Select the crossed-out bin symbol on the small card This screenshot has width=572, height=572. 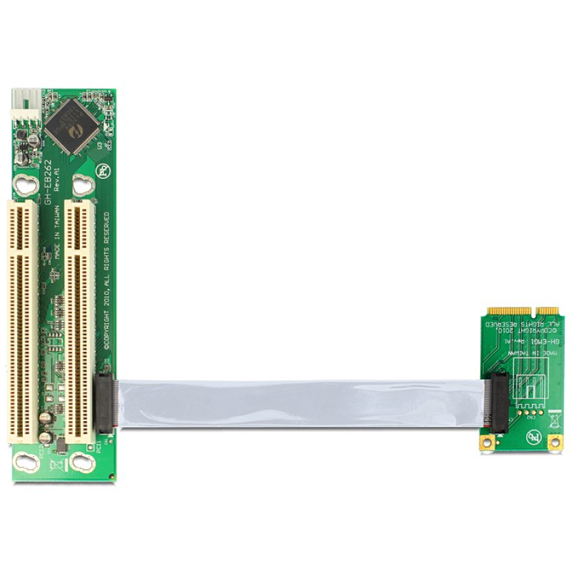point(553,420)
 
